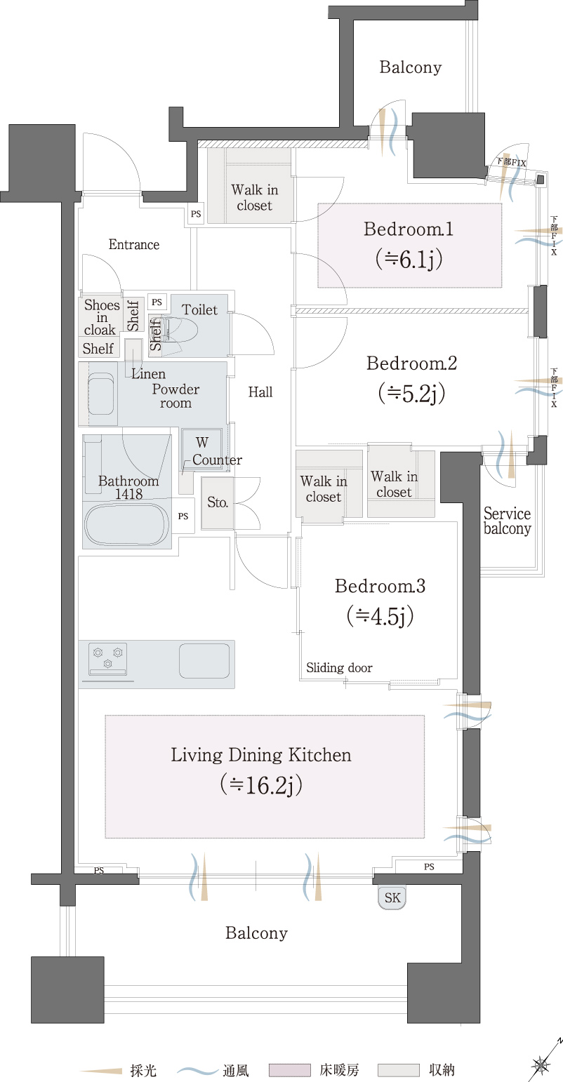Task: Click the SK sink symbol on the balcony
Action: click(x=392, y=897)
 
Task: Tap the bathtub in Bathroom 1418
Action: click(x=126, y=525)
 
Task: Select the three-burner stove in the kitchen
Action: click(x=108, y=658)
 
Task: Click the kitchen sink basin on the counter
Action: click(x=204, y=661)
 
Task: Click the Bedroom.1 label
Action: click(x=409, y=229)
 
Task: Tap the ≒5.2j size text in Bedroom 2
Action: click(x=411, y=394)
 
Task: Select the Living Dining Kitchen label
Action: click(x=261, y=755)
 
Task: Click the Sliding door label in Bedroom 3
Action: click(x=339, y=667)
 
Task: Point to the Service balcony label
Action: click(x=508, y=521)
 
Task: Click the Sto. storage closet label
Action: click(x=218, y=502)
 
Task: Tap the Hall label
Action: click(x=260, y=392)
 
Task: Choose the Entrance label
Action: click(x=134, y=244)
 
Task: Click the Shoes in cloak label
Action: click(x=102, y=317)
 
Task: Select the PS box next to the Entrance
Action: click(x=196, y=213)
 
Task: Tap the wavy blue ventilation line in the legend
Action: click(x=197, y=1070)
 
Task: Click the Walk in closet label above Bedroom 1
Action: click(x=255, y=198)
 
